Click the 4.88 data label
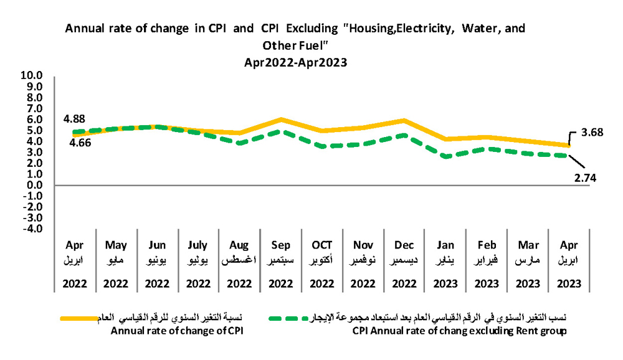click(x=74, y=118)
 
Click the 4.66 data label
click(x=74, y=142)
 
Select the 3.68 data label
click(x=594, y=133)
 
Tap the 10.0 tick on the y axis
click(x=32, y=76)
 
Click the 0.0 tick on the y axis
click(x=35, y=185)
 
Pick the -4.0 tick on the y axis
click(x=33, y=229)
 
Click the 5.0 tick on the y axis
click(x=35, y=130)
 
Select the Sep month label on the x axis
click(x=281, y=245)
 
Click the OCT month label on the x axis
click(x=322, y=245)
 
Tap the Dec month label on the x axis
click(x=404, y=245)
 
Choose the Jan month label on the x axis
click(x=445, y=245)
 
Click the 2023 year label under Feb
click(x=487, y=283)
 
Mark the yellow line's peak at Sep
click(x=281, y=120)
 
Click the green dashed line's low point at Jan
click(x=445, y=157)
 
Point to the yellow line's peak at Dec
click(x=404, y=121)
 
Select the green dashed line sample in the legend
click(x=290, y=318)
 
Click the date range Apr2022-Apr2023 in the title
click(x=295, y=62)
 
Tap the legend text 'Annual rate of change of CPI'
click(x=176, y=331)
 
